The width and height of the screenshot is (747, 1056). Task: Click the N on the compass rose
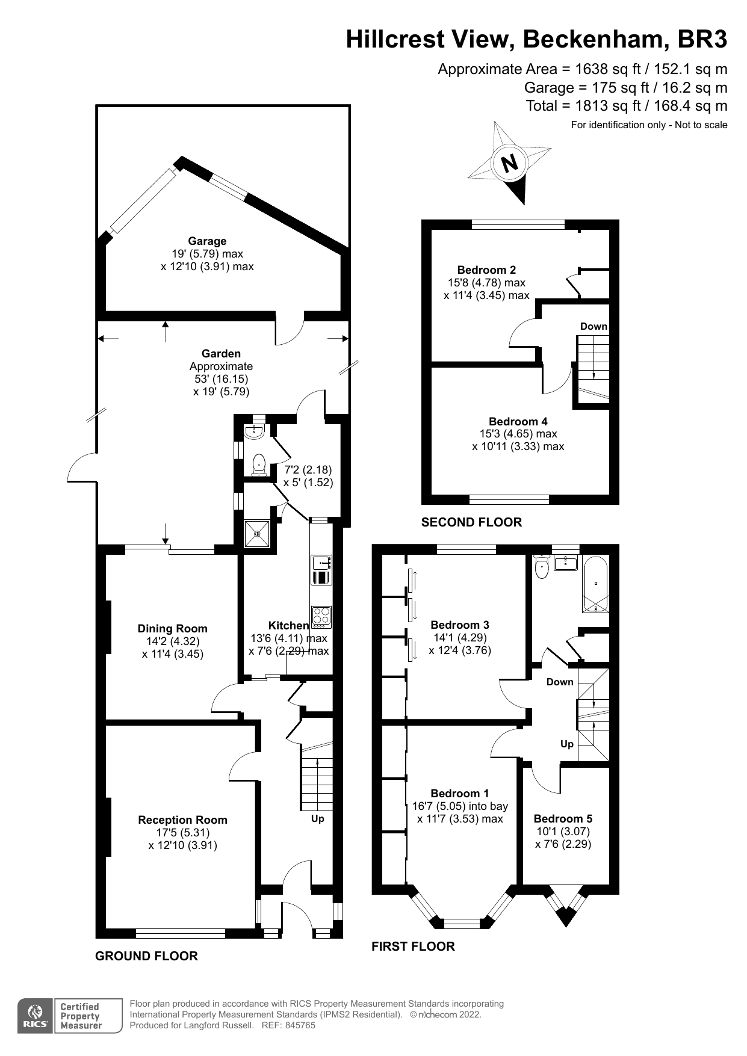[510, 163]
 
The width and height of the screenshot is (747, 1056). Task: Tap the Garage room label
[207, 241]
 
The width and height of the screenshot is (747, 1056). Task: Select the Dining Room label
[172, 629]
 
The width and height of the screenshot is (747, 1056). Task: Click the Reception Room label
[182, 820]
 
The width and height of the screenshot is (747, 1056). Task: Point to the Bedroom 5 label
[563, 818]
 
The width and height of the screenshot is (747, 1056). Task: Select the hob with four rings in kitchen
[321, 617]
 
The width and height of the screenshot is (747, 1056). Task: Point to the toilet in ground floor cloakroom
[259, 463]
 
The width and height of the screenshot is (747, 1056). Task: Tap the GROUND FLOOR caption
[146, 956]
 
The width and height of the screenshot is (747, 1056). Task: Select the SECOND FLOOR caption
[471, 522]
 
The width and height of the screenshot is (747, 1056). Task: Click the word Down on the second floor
[594, 326]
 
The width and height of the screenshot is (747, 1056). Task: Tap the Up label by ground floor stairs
[317, 819]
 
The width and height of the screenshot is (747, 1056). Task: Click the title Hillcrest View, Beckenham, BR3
[536, 40]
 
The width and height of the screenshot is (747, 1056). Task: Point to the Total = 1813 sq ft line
[626, 106]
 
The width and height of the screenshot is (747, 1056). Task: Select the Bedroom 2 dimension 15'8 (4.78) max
[486, 283]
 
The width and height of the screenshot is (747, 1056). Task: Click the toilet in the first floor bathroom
[542, 567]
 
